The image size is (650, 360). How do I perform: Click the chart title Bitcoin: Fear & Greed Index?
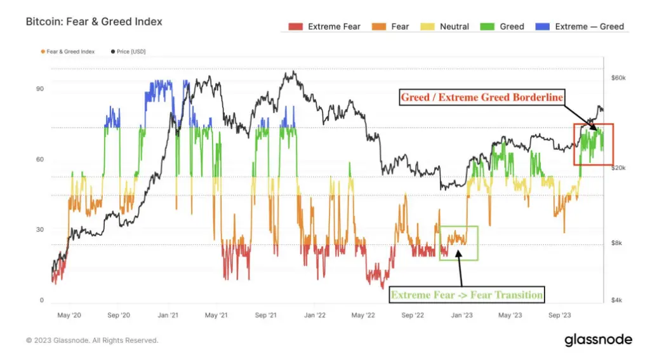point(94,22)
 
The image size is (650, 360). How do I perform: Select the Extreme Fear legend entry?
point(325,27)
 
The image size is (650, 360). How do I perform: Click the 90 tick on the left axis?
point(40,89)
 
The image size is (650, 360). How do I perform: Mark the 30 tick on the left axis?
point(40,230)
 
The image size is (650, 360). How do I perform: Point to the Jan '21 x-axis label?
point(168,315)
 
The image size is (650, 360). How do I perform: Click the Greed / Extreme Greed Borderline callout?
point(482,98)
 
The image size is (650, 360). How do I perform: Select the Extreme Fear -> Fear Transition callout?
point(467,295)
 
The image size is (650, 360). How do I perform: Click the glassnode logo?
point(598,340)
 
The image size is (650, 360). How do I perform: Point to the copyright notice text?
point(93,340)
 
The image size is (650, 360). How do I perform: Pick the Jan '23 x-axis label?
point(461,315)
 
